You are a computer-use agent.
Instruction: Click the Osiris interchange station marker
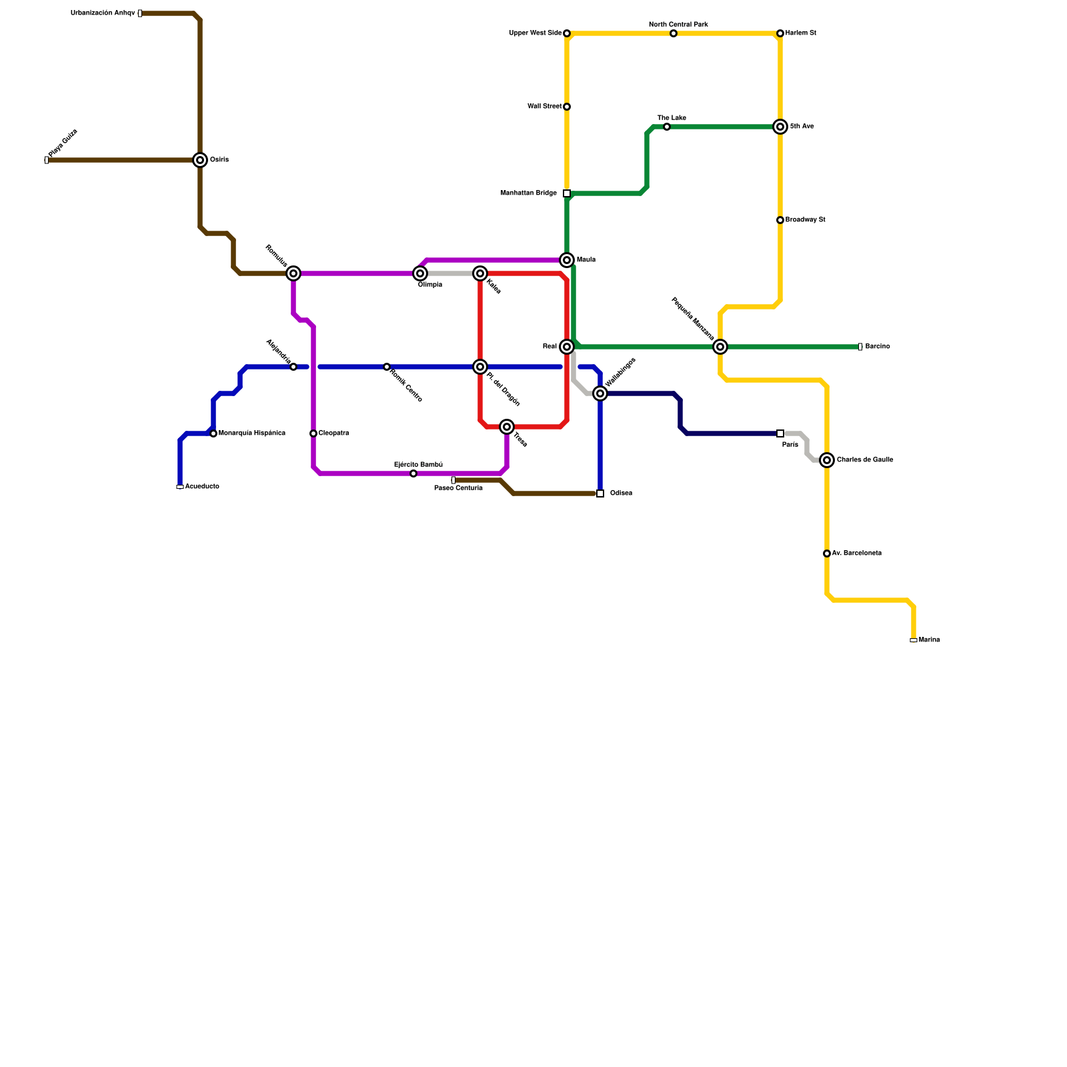200,160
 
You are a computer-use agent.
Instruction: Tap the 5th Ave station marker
780,127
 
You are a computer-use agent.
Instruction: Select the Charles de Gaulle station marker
827,460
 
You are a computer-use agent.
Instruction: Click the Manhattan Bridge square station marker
567,193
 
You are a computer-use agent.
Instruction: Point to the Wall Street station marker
567,107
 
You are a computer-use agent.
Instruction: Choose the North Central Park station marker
674,33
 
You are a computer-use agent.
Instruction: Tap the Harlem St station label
800,33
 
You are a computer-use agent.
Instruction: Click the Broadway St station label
805,220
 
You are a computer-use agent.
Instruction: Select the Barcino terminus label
877,347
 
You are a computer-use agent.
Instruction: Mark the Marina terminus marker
914,640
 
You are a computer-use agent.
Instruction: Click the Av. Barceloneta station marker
827,554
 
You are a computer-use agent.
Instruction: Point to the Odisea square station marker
600,493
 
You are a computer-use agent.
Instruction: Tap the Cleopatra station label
333,433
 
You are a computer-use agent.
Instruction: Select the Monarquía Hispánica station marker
213,433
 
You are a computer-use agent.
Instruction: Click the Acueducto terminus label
201,487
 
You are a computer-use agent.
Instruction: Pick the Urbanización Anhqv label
103,13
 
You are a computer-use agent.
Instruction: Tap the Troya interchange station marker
507,427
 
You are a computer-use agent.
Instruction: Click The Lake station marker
667,127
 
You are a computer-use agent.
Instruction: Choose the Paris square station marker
780,433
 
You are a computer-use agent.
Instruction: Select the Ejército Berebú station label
418,465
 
